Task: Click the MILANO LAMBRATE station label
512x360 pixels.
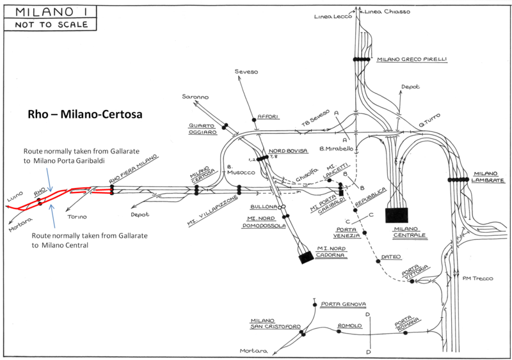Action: click(490, 177)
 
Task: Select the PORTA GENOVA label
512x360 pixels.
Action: click(344, 303)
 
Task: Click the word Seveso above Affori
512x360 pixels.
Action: click(246, 72)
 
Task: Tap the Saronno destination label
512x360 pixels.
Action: click(195, 96)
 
